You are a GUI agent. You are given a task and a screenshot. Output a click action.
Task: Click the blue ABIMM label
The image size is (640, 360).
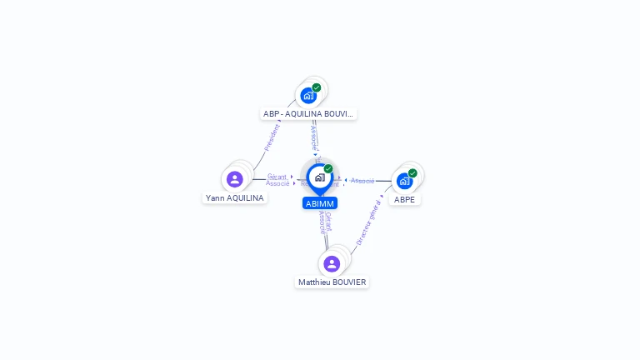click(320, 203)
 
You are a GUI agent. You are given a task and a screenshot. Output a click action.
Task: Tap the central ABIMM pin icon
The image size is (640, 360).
click(320, 177)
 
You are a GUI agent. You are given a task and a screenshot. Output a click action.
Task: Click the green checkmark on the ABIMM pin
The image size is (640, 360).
click(328, 169)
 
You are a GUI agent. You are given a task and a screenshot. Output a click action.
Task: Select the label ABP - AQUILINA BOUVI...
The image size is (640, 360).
click(308, 113)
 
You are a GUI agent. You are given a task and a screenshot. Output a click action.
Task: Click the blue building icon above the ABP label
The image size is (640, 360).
click(308, 95)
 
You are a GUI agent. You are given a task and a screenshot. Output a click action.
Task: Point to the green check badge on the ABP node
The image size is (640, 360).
click(317, 87)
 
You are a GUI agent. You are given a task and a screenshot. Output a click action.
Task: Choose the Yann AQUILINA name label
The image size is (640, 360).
click(235, 198)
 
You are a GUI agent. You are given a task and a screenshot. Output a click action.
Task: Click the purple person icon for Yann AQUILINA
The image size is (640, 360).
click(235, 179)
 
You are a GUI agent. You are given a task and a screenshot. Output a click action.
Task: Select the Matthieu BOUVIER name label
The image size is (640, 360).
click(332, 282)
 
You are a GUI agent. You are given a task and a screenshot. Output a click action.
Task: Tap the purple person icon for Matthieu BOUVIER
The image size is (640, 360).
click(332, 263)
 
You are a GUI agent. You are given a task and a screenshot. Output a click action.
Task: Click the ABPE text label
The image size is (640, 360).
click(404, 200)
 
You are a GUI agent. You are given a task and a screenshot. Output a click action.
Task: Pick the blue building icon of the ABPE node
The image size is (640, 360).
click(404, 181)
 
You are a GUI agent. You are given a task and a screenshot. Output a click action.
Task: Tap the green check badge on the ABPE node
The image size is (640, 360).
click(412, 173)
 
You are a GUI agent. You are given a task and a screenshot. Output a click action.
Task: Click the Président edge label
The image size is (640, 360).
click(272, 137)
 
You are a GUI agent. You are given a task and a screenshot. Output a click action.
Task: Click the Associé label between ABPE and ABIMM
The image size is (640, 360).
click(362, 181)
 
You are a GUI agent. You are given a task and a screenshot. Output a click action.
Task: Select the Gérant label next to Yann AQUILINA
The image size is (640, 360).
click(277, 177)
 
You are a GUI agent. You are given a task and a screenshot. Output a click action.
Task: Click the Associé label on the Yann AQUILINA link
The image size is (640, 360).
click(277, 183)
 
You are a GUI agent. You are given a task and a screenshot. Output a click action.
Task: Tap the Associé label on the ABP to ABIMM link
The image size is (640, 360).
click(313, 137)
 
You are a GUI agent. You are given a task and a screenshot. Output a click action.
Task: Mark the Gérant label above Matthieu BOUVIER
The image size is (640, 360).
click(328, 221)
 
